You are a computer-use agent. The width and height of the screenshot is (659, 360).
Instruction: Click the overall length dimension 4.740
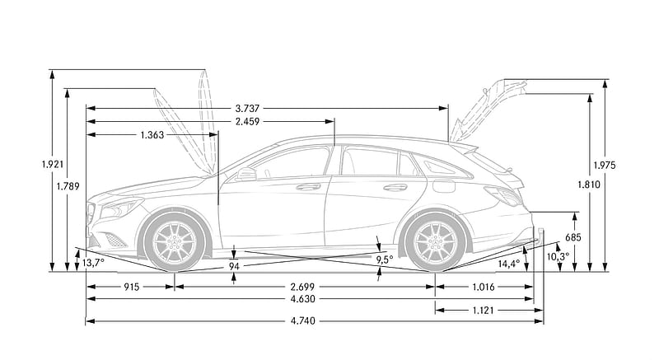[x=302, y=321]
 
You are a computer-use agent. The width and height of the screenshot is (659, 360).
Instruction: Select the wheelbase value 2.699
[x=302, y=288]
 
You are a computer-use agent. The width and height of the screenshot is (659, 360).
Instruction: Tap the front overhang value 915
[x=132, y=288]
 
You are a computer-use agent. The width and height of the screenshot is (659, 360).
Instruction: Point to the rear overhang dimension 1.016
[x=484, y=288]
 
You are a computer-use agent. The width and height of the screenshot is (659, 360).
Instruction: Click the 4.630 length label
[x=302, y=299]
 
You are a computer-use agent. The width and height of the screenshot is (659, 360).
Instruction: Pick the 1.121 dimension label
[x=484, y=311]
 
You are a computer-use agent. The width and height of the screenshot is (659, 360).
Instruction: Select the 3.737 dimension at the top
[x=247, y=109]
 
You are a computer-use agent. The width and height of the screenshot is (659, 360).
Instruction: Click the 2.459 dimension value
[x=247, y=121]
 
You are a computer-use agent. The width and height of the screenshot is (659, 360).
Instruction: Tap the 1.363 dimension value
[x=152, y=135]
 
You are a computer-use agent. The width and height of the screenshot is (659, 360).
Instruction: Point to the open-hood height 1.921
[x=53, y=164]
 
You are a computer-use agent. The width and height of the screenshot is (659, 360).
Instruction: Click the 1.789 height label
[x=68, y=186]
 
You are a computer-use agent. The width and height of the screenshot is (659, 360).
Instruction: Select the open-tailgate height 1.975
[x=605, y=166]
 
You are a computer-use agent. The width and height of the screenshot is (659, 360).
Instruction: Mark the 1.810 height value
[x=589, y=185]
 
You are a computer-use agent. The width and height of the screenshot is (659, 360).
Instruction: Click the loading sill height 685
[x=573, y=237]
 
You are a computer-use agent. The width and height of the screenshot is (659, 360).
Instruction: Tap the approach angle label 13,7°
[x=93, y=263]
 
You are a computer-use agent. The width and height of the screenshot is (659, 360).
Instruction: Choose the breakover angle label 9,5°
[x=385, y=260]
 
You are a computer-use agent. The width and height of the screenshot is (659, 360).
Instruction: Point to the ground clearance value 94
[x=234, y=266]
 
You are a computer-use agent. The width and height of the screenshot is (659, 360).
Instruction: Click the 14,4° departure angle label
[x=509, y=264]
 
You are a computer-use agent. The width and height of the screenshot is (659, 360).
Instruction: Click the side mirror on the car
[x=246, y=174]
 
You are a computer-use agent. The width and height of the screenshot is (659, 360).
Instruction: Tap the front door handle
[x=308, y=187]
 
